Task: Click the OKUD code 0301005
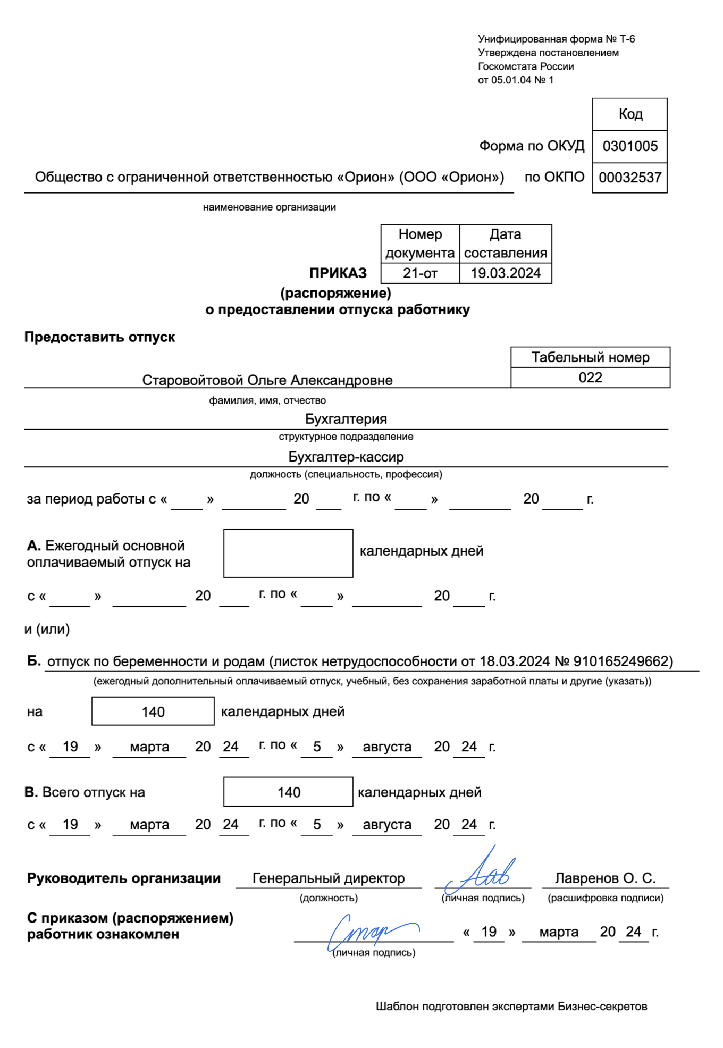(x=630, y=146)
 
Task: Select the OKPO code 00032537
(x=630, y=178)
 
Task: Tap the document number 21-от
(x=420, y=273)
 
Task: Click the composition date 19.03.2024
(x=506, y=273)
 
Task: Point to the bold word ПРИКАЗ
(x=338, y=273)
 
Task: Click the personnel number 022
(x=590, y=378)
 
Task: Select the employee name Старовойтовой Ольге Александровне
(x=267, y=380)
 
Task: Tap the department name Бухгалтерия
(x=346, y=419)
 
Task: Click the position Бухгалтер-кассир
(x=346, y=457)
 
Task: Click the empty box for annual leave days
(x=288, y=553)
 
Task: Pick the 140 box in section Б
(x=153, y=711)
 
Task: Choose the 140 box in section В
(x=288, y=792)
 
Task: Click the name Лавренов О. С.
(x=605, y=878)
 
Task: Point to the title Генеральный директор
(x=329, y=878)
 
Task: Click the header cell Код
(x=630, y=114)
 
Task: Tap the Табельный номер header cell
(x=590, y=357)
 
